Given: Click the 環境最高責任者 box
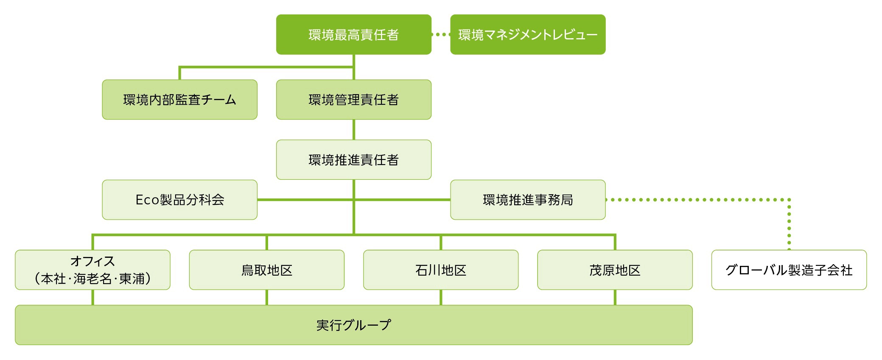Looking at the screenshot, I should pos(353,34).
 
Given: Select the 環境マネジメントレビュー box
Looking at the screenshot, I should pos(527,34).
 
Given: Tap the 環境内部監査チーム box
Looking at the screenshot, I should pos(179,100).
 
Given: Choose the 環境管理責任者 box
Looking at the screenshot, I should pos(353,100).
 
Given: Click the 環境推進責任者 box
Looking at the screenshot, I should pos(353,160).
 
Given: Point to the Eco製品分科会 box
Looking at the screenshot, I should pos(179,200).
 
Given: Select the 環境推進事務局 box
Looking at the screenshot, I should pos(527,200).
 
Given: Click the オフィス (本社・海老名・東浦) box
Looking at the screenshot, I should pos(92,270).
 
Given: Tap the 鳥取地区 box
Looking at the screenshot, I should pos(266,270).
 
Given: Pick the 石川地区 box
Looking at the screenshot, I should pos(440,270).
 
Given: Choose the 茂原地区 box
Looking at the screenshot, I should pos(614,270).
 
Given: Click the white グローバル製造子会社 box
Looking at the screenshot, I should pos(789,270).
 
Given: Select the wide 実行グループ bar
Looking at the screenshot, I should pos(353,325).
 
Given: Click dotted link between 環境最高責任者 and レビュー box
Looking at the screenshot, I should pos(441,34).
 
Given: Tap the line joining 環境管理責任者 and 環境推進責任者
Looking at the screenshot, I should pos(353,130).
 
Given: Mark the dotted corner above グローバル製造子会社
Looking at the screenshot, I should pos(789,200).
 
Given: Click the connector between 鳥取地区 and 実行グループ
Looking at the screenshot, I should pos(266,297).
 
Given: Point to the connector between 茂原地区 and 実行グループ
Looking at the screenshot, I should pos(615,297).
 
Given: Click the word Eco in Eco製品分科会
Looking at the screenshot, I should pos(147,200).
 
